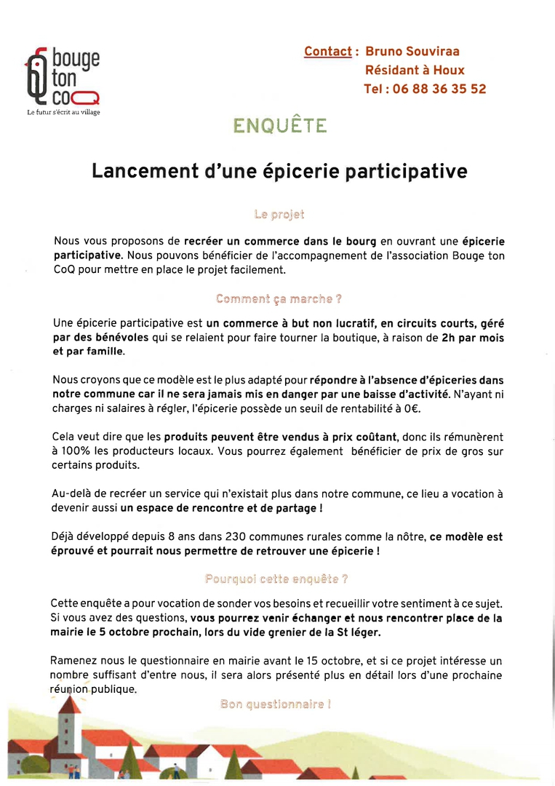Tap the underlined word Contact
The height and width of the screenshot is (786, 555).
[328, 52]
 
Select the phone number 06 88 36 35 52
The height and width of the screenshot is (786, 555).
[439, 89]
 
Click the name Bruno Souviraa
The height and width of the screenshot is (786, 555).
[412, 52]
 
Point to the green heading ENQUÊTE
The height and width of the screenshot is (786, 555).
[279, 126]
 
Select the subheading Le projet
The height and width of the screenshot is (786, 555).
[279, 215]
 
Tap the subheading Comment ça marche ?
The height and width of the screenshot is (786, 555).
[279, 299]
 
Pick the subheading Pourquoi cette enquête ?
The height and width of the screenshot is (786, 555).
[276, 579]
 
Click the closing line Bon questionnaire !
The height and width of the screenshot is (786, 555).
[275, 704]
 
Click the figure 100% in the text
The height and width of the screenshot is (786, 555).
[71, 450]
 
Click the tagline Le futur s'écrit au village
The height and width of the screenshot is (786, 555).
[63, 112]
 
